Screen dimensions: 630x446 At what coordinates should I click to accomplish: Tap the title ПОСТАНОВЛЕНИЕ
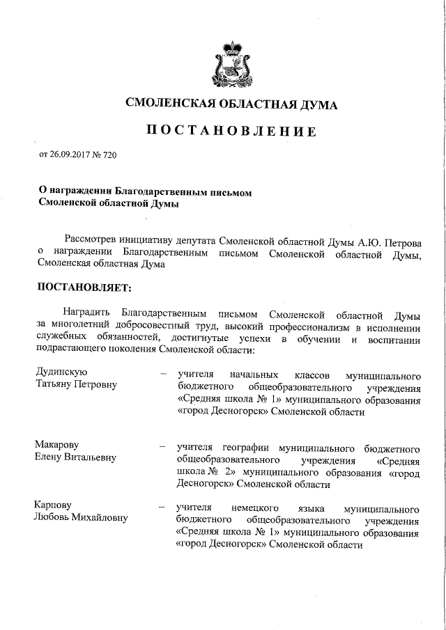231,132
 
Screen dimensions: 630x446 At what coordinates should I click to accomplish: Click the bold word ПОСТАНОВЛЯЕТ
83,286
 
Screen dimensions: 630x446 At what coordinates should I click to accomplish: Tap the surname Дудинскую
62,372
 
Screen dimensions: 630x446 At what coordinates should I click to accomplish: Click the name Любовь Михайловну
80,517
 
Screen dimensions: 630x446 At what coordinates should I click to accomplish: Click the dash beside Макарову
163,446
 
